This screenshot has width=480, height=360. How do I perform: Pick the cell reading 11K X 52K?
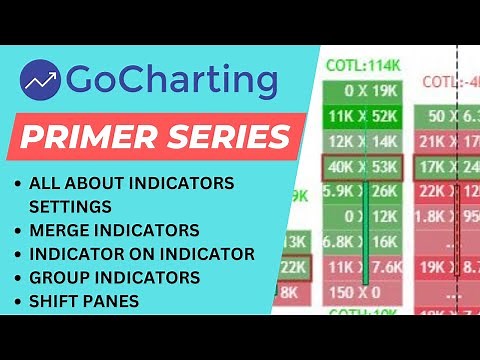click(360, 117)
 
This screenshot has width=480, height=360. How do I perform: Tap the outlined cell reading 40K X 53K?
click(360, 166)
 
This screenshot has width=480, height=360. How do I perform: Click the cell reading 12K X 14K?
click(360, 142)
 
